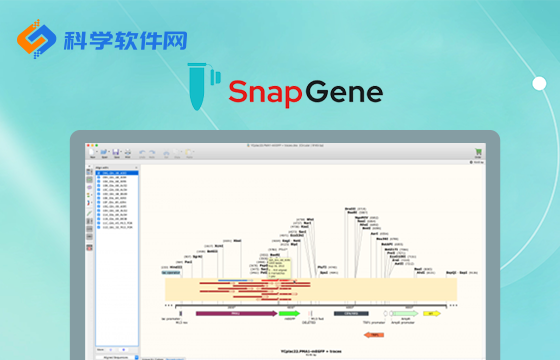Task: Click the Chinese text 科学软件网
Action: coord(124,42)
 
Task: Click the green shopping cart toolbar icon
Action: coord(478,153)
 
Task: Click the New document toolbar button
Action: coord(92,153)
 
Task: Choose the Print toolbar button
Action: coord(128,153)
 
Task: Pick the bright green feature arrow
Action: coord(289,313)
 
